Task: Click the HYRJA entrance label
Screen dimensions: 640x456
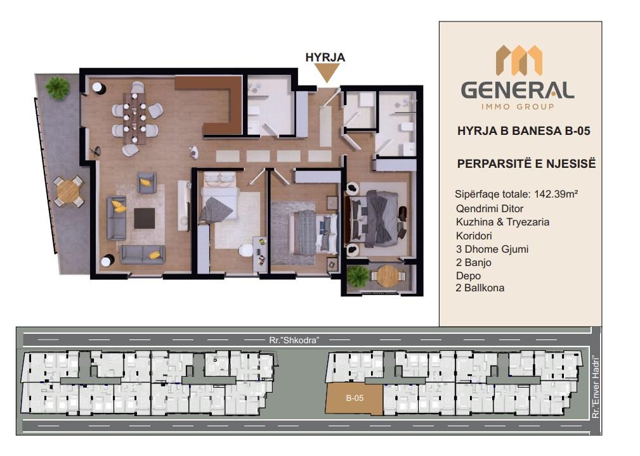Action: pyautogui.click(x=325, y=58)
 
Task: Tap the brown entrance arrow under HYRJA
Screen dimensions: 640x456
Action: pyautogui.click(x=327, y=73)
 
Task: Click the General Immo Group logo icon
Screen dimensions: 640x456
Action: pyautogui.click(x=519, y=60)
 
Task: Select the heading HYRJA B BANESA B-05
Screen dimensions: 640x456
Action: pyautogui.click(x=524, y=131)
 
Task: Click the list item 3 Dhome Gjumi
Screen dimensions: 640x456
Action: pyautogui.click(x=492, y=249)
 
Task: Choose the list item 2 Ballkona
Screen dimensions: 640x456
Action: pyautogui.click(x=480, y=288)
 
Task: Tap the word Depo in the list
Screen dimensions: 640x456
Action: pyautogui.click(x=468, y=276)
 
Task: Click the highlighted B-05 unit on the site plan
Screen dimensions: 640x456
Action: pyautogui.click(x=355, y=398)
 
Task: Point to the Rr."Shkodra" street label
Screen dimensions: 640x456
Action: pyautogui.click(x=294, y=340)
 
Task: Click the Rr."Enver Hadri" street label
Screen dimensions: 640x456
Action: pyautogui.click(x=596, y=387)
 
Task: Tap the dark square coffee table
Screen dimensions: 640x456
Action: pyautogui.click(x=145, y=218)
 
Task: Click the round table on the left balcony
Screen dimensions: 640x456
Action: pyautogui.click(x=68, y=191)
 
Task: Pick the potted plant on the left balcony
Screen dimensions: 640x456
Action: pyautogui.click(x=58, y=87)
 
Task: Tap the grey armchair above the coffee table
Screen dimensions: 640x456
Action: pyautogui.click(x=147, y=182)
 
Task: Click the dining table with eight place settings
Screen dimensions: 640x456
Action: pyautogui.click(x=134, y=118)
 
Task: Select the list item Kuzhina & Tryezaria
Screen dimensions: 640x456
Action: pyautogui.click(x=502, y=222)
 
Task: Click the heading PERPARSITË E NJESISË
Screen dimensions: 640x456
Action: pyautogui.click(x=526, y=163)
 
